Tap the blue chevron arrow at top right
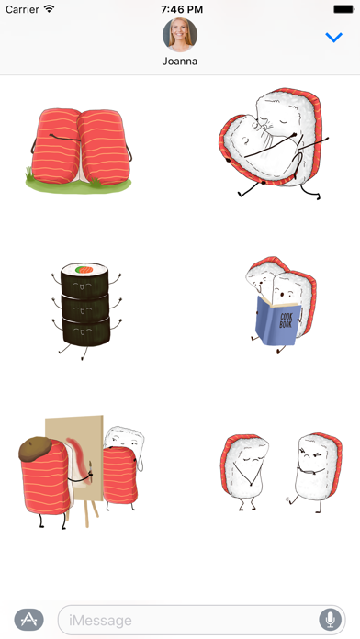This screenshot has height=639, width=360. (334, 38)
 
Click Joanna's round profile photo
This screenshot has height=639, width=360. (180, 35)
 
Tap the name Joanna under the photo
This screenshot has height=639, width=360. (180, 62)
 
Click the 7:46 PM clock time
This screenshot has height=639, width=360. (182, 9)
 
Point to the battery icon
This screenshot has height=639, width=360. (343, 9)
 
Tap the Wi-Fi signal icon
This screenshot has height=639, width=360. (50, 8)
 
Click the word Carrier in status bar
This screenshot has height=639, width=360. (22, 9)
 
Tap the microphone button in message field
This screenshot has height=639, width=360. (331, 620)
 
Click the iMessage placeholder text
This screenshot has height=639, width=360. (100, 621)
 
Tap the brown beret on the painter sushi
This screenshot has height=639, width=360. (35, 448)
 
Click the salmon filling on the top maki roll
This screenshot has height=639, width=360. (84, 269)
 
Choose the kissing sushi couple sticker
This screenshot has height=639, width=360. (274, 142)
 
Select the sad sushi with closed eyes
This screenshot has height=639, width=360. (243, 471)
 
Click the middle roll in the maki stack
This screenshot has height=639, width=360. (85, 308)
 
